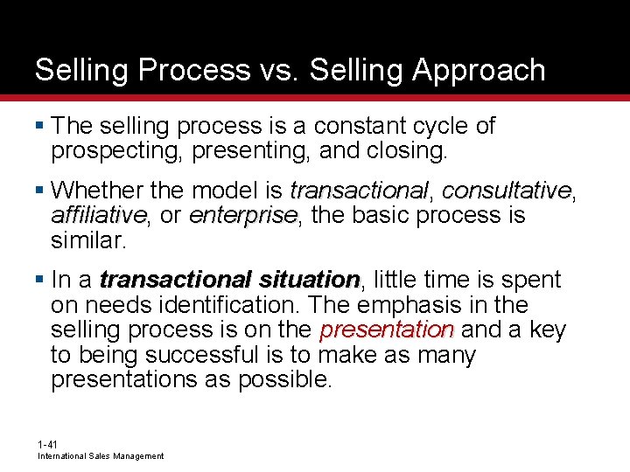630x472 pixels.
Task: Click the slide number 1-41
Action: pyautogui.click(x=47, y=445)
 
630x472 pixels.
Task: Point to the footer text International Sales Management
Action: pyautogui.click(x=101, y=456)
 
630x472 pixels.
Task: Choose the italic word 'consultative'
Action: pyautogui.click(x=506, y=190)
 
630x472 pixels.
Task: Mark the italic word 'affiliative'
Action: pyautogui.click(x=98, y=215)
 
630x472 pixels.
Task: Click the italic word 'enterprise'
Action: pyautogui.click(x=243, y=215)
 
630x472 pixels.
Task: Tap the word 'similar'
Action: pyautogui.click(x=87, y=239)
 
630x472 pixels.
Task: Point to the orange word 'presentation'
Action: pyautogui.click(x=386, y=330)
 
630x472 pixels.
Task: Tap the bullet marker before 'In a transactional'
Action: pyautogui.click(x=41, y=280)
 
